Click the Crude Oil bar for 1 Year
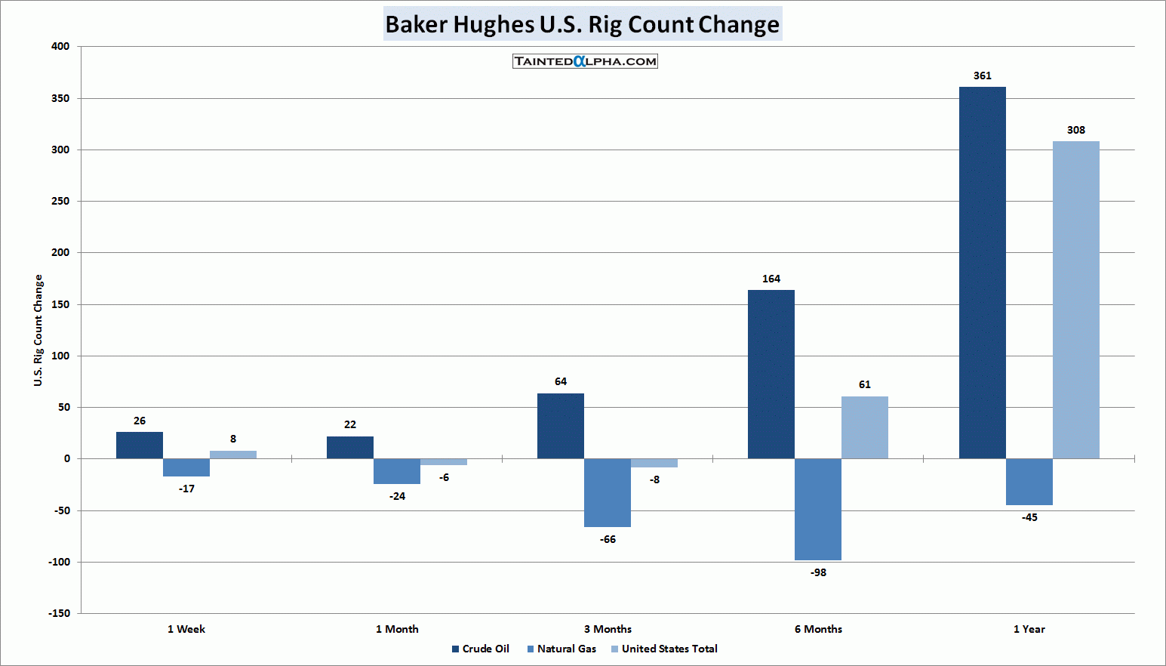click(982, 273)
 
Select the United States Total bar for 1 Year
click(1075, 300)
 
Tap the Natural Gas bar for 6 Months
click(817, 509)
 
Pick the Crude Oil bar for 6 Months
click(771, 374)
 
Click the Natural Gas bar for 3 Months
click(607, 492)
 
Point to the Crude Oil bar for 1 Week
click(139, 445)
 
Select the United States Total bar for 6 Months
click(864, 427)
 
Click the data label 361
click(982, 76)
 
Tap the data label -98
click(818, 572)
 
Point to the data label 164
click(771, 279)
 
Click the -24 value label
click(397, 496)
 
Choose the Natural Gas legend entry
click(561, 649)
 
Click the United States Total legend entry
click(664, 649)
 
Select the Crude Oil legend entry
click(481, 649)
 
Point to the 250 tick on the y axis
click(60, 201)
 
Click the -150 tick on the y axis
click(59, 613)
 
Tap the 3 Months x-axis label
click(608, 629)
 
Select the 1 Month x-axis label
click(397, 629)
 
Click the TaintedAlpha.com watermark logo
click(585, 61)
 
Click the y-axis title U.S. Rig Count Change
click(38, 330)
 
